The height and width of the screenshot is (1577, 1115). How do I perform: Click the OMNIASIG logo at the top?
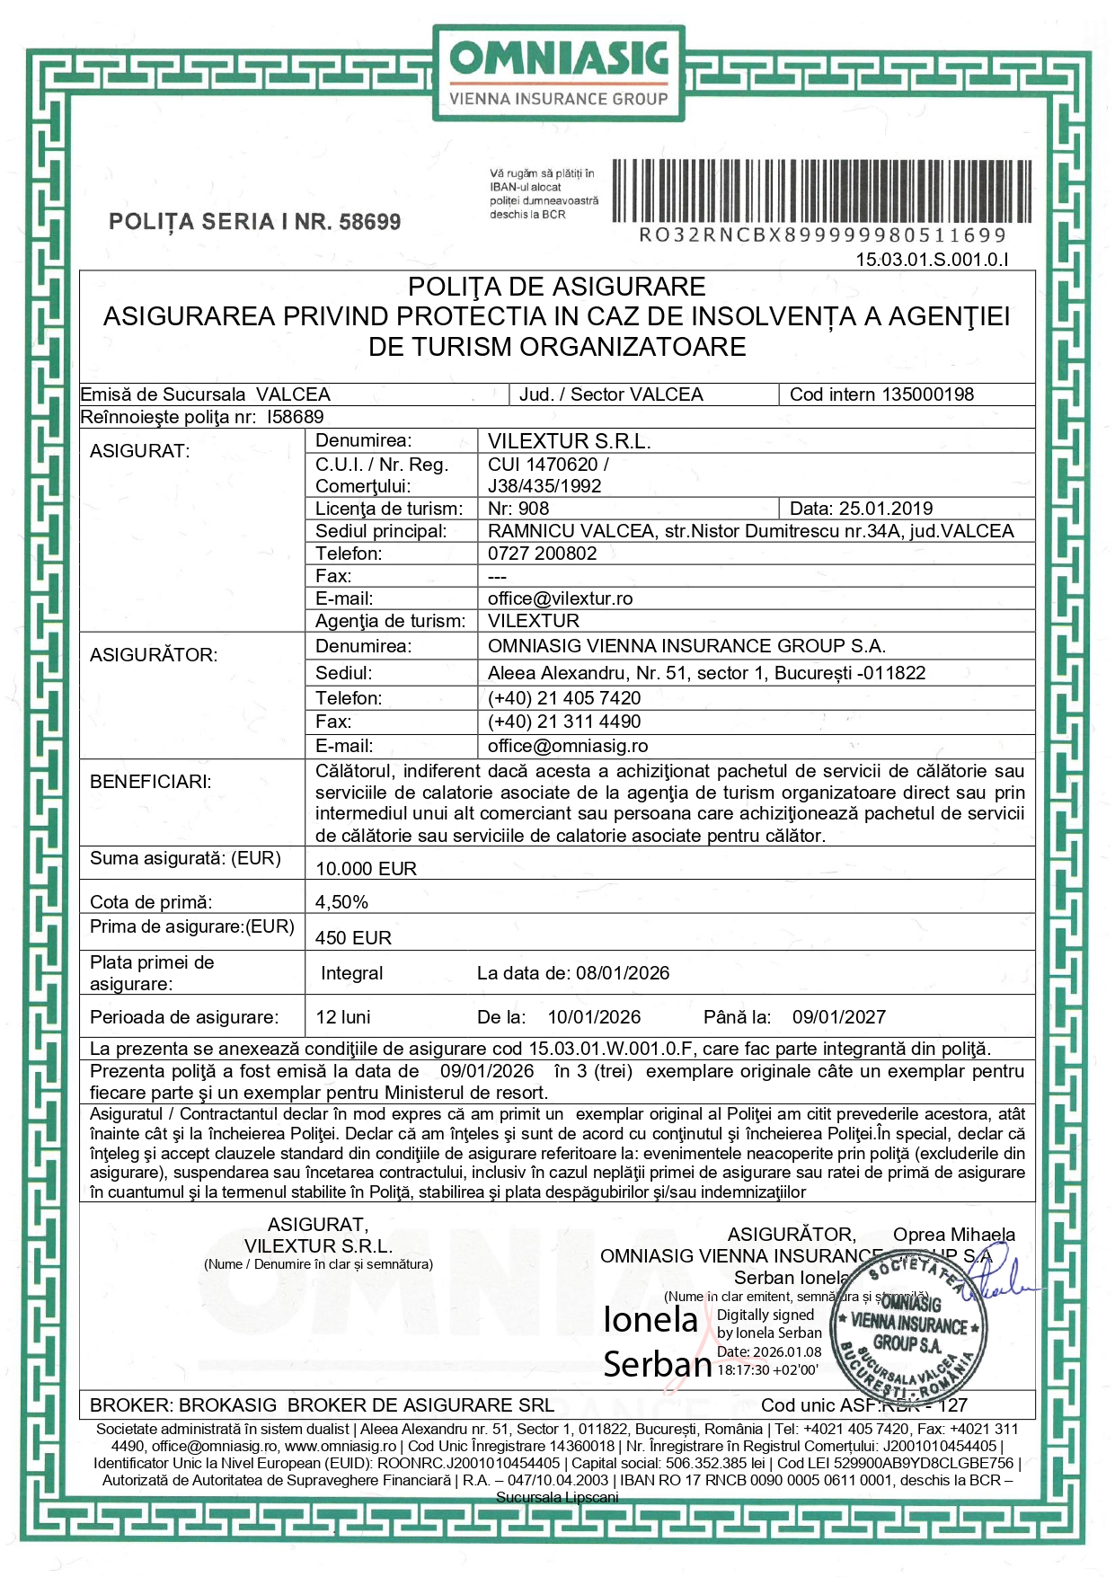coord(558,73)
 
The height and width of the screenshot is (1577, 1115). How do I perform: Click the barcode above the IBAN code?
coord(821,190)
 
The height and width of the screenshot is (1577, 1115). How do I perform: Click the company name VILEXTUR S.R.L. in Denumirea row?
coord(569,441)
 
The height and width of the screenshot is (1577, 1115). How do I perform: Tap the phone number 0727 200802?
coord(542,554)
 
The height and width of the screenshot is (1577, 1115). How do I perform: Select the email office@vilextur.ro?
coord(560,598)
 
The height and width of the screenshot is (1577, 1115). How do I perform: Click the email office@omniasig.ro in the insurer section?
coord(567,746)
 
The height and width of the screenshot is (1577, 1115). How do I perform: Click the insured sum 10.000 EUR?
coord(366,869)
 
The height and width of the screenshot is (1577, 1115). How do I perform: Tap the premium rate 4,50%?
coord(341,902)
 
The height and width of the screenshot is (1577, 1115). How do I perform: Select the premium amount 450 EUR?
coord(353,938)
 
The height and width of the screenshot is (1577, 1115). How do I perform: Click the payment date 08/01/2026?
coord(622,973)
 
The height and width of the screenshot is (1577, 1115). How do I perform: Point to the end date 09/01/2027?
coord(838,1017)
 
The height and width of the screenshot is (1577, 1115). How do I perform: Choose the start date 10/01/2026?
coord(594,1017)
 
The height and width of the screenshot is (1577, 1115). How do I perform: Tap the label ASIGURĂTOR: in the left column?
coord(154,655)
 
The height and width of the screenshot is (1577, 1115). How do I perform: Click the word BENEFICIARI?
coord(150,782)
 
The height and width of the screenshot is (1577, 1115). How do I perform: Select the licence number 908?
coord(533,509)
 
